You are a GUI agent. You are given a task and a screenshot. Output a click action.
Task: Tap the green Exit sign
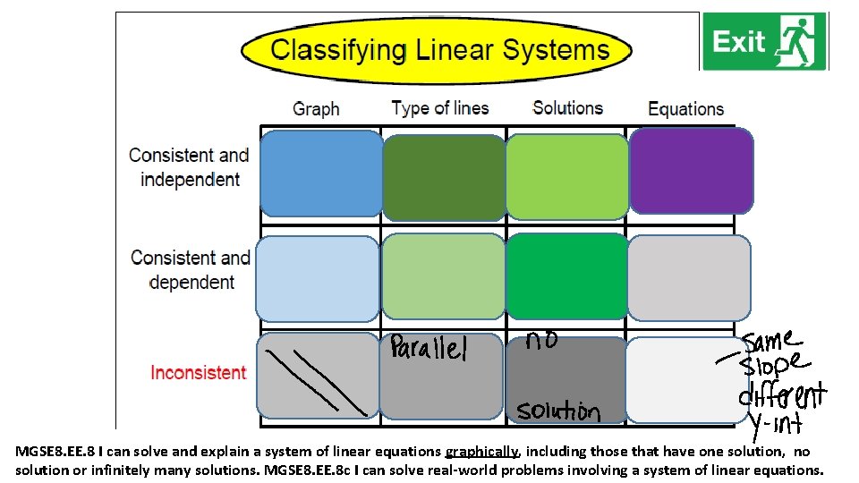click(x=764, y=41)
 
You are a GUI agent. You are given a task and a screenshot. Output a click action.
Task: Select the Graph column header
click(x=316, y=109)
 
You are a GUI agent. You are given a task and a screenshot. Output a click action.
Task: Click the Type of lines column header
click(x=440, y=108)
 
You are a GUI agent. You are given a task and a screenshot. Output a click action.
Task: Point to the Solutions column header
click(x=567, y=108)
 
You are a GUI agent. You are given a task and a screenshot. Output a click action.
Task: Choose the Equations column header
click(x=685, y=109)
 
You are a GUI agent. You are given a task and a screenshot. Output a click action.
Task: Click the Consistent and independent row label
click(x=190, y=167)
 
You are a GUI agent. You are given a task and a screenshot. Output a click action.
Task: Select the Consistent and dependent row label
click(x=191, y=270)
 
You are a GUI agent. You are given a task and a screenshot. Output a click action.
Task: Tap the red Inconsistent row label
click(x=198, y=372)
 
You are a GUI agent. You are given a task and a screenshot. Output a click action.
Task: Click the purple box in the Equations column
click(x=690, y=170)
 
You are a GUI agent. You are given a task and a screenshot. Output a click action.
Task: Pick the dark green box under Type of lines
click(x=444, y=177)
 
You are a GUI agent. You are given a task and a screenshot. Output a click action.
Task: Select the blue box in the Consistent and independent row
click(x=319, y=170)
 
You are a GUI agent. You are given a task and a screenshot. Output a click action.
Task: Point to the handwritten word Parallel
click(x=428, y=348)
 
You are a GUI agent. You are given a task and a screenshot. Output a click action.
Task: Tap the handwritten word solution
click(x=558, y=411)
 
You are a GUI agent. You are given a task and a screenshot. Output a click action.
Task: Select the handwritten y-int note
click(x=775, y=423)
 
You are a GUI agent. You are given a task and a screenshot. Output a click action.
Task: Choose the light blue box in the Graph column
click(x=318, y=278)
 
